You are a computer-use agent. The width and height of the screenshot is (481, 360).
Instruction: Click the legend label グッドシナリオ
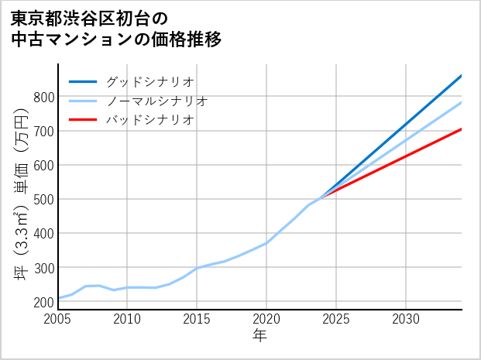(x=149, y=81)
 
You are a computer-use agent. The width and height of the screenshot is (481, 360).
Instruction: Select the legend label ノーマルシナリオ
(x=156, y=101)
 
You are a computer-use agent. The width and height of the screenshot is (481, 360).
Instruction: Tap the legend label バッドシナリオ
(x=149, y=120)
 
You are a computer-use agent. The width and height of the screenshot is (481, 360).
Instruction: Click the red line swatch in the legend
(x=84, y=120)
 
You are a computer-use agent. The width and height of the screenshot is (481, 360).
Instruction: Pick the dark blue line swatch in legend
(x=84, y=81)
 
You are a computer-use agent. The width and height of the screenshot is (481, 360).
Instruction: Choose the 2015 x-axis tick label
(x=197, y=319)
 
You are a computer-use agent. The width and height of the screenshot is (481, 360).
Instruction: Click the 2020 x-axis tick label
(x=266, y=319)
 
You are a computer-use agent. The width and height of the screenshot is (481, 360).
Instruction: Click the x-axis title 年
(x=259, y=336)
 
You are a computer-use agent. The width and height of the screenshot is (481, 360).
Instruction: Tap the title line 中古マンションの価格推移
(x=116, y=39)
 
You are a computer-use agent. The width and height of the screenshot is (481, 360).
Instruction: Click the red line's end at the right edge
(x=461, y=129)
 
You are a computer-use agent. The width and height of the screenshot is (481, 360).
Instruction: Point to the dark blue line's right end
(x=461, y=76)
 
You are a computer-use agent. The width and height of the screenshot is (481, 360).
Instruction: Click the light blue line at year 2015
(x=197, y=268)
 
